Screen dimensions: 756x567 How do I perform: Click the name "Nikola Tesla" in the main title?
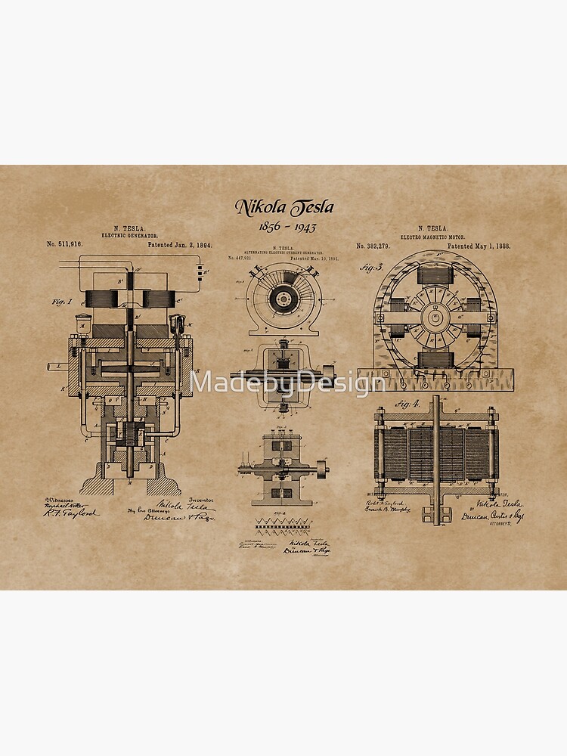(283, 207)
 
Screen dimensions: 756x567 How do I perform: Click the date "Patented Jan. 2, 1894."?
(179, 244)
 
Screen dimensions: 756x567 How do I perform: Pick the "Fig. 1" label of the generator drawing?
(62, 302)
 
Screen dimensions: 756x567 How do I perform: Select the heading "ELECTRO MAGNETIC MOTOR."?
(433, 236)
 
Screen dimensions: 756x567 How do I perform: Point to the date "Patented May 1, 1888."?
(479, 246)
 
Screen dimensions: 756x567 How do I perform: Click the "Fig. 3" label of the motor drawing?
(370, 266)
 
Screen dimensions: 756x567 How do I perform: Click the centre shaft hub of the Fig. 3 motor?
(434, 318)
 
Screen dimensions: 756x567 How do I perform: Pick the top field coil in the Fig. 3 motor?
(434, 275)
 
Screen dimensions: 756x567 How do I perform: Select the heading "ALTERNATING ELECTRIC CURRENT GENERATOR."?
(283, 252)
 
